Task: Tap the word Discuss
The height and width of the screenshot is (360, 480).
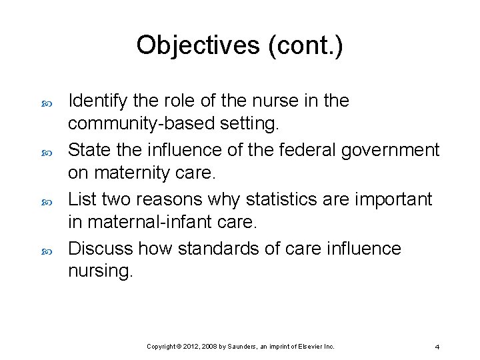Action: pos(101,249)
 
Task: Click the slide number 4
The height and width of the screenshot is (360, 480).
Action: pos(437,347)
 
